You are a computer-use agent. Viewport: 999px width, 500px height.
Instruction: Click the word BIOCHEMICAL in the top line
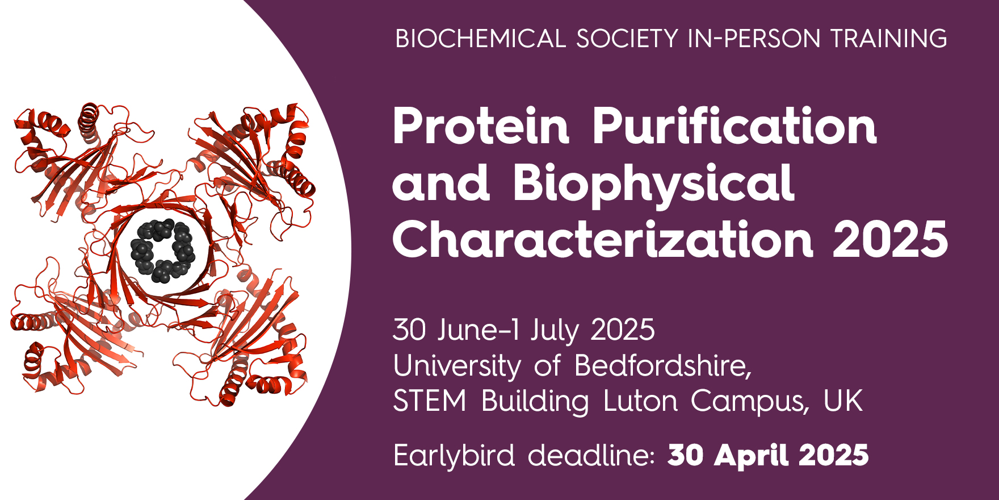[x=481, y=39]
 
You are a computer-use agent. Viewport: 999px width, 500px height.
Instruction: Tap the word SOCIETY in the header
[x=627, y=39]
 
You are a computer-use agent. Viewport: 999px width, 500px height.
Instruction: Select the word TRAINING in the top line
[x=888, y=39]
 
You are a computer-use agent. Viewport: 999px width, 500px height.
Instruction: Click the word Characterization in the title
[x=603, y=239]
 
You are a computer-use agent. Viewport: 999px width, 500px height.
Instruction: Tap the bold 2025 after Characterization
[x=890, y=239]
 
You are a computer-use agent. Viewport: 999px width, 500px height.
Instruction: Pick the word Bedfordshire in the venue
[x=663, y=365]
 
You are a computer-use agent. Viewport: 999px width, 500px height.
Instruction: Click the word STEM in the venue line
[x=430, y=401]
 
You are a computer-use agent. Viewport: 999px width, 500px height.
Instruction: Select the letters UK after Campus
[x=843, y=401]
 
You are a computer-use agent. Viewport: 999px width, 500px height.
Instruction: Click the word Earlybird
[x=454, y=456]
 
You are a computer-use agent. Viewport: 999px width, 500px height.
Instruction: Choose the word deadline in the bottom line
[x=591, y=455]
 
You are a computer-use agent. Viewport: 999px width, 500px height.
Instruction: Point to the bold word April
[x=752, y=456]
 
